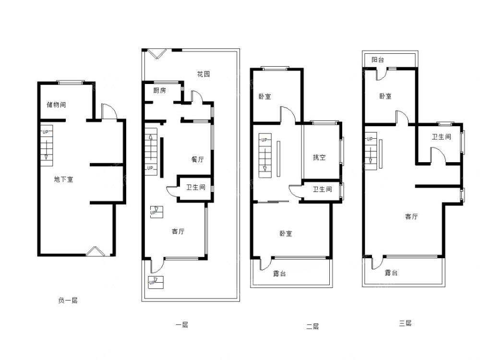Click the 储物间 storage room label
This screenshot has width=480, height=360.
56,105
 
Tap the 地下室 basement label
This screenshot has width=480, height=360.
64,179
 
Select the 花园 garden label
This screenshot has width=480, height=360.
204,74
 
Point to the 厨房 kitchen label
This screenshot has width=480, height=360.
159,90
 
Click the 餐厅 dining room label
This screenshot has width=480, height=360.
197,159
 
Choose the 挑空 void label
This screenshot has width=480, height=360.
319,157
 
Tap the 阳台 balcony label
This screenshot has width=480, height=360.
378,60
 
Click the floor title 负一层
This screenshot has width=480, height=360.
68,300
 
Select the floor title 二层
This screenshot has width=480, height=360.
312,326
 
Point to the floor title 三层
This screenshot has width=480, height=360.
405,323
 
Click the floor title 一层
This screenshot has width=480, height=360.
182,325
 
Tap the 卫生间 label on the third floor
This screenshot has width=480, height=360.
442,137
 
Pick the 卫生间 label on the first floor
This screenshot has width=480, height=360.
196,187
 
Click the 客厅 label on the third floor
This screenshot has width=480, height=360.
411,216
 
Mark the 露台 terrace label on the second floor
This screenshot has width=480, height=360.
279,274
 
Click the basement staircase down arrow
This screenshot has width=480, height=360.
46,150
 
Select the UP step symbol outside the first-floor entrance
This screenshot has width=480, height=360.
156,282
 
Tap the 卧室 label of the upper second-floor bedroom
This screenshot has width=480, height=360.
265,96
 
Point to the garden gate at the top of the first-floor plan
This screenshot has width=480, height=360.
157,54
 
